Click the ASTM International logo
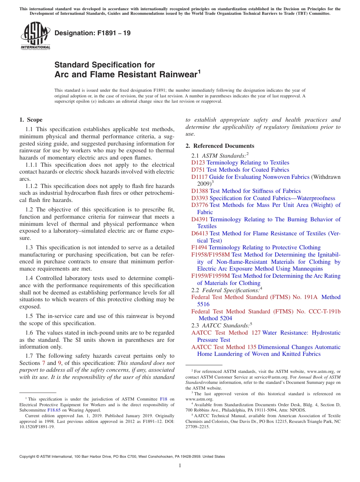point(35,36)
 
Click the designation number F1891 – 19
point(92,33)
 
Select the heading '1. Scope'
point(31,120)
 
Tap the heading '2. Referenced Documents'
point(220,146)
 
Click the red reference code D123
point(198,163)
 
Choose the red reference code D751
point(198,170)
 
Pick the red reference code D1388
point(200,191)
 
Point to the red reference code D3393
point(200,198)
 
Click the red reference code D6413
point(200,233)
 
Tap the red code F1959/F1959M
point(211,276)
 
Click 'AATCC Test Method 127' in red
point(226,333)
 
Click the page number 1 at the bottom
point(180,465)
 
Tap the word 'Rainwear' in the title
point(174,74)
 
